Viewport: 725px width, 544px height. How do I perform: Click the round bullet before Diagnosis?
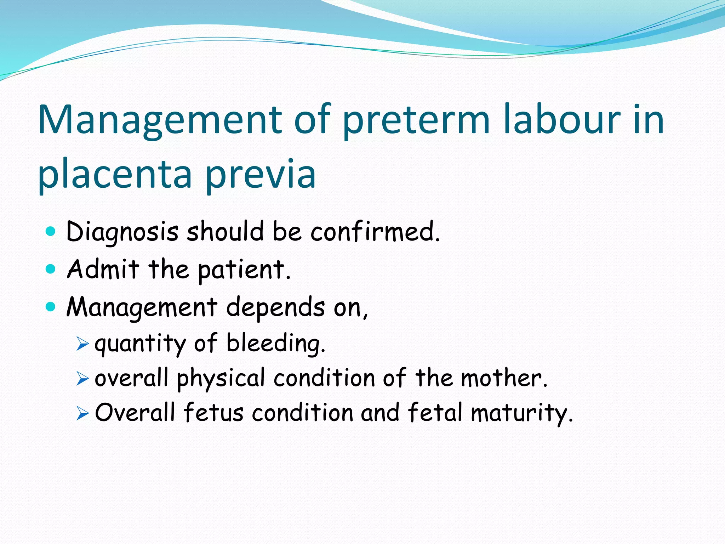tap(51, 232)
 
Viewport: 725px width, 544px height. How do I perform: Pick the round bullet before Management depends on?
tap(51, 306)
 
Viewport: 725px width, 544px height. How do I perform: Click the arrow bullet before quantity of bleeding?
tap(82, 344)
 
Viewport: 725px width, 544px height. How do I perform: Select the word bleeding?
tap(276, 344)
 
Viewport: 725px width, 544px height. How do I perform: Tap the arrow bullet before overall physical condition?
tap(82, 379)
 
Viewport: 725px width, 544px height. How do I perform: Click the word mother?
tap(504, 378)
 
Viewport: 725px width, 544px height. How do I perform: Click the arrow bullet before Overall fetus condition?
tap(82, 413)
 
